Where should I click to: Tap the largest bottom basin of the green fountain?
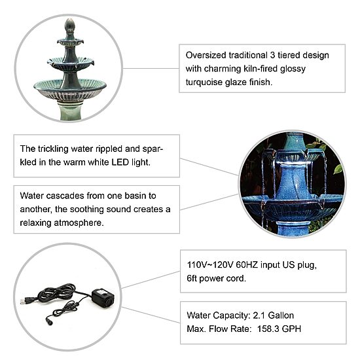[x=70, y=90]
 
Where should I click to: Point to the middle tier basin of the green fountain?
[x=71, y=64]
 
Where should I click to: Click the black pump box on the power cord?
[x=103, y=298]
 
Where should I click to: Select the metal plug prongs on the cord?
[x=22, y=302]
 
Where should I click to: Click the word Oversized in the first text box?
[x=206, y=56]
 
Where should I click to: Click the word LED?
[x=120, y=162]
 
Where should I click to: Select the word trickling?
[x=53, y=149]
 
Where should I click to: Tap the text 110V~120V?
[x=210, y=264]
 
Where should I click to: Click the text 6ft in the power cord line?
[x=192, y=278]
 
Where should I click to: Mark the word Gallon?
[x=281, y=315]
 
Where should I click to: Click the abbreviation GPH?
[x=291, y=329]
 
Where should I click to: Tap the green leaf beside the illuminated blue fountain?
[x=338, y=170]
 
